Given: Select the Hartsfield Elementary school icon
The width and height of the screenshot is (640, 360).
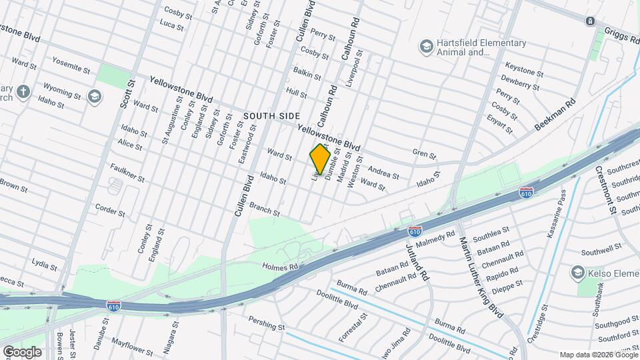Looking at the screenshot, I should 425,46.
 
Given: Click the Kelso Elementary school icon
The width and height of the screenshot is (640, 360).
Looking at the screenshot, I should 577,273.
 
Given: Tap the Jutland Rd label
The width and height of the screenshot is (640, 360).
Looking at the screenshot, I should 417,261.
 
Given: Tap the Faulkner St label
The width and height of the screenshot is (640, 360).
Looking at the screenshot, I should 129,175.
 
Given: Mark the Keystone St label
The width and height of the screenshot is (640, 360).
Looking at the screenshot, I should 524,68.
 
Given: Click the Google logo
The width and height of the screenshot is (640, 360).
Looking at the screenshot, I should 22,351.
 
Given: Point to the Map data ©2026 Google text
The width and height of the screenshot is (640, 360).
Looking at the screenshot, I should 598,355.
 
